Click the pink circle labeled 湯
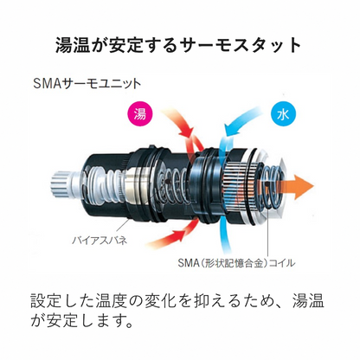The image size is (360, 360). (140, 114)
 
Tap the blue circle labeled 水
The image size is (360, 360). (283, 115)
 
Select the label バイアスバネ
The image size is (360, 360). (99, 240)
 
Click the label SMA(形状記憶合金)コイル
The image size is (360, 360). (236, 263)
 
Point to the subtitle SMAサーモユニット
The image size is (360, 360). (87, 84)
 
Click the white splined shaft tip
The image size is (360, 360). (61, 183)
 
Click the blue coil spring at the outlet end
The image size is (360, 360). (273, 188)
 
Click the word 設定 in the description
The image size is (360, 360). (48, 301)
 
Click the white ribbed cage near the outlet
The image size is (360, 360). (241, 183)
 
